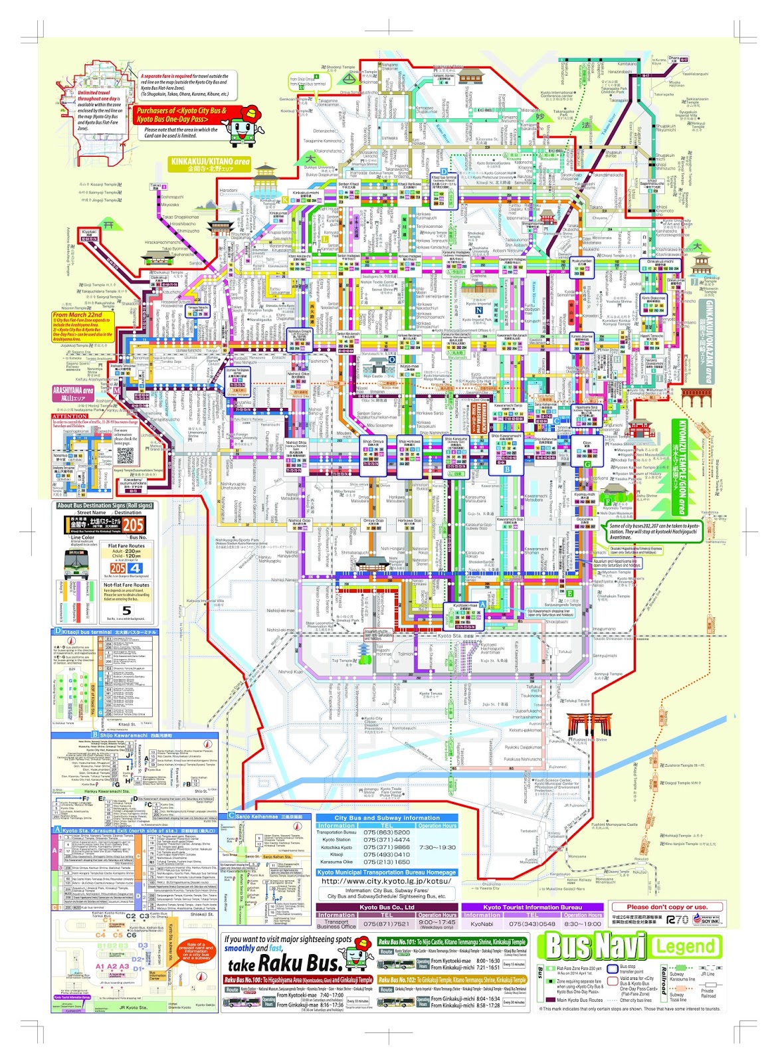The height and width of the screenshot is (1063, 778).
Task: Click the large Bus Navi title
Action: (x=594, y=946)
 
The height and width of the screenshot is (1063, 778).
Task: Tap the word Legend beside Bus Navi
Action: (x=685, y=947)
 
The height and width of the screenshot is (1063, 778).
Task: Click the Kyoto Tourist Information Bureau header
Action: (x=532, y=907)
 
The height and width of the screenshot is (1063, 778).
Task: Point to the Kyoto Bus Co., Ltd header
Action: (x=387, y=907)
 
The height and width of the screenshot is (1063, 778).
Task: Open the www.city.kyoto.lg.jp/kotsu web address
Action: (x=386, y=882)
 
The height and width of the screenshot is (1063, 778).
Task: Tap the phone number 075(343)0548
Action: (x=532, y=924)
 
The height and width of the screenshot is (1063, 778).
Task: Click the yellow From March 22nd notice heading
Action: (x=78, y=315)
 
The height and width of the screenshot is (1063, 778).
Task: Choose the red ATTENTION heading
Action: (x=70, y=417)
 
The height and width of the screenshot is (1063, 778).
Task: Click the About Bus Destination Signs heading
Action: (x=105, y=506)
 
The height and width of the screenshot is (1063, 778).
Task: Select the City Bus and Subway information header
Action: (x=387, y=818)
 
